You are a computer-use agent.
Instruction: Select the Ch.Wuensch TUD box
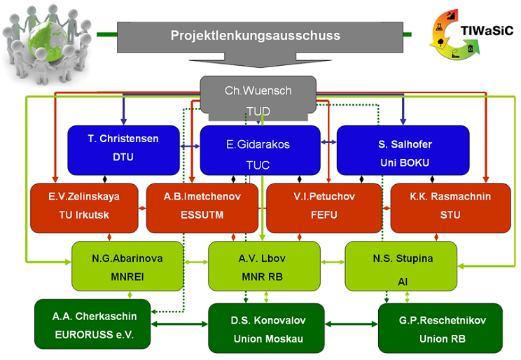pos(258,98)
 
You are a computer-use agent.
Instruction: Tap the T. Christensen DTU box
pos(124,151)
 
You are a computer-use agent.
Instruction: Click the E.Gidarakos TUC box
pos(260,151)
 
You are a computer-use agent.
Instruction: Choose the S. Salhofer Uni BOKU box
pos(403,151)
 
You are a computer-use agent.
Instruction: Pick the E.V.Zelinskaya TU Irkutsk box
pos(84,208)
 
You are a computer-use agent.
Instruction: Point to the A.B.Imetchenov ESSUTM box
pos(202,208)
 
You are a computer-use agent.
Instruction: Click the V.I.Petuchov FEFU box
pos(324,208)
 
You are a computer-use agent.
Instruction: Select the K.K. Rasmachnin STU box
pos(450,208)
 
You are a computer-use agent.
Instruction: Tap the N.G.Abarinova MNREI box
pos(127,266)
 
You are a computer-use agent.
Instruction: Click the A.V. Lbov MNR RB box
pos(264,266)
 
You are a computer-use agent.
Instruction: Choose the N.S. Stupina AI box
pos(401,266)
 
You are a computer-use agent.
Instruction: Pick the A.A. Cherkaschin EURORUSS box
pos(92,324)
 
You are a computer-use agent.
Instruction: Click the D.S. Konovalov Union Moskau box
pos(266,328)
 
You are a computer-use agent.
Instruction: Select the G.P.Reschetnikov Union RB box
pos(440,328)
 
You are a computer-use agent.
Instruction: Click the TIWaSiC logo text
pos(487,31)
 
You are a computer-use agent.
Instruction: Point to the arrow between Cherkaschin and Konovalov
pos(179,324)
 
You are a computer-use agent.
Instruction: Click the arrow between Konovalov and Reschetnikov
pos(352,324)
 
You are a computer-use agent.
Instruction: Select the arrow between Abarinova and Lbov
pos(196,262)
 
